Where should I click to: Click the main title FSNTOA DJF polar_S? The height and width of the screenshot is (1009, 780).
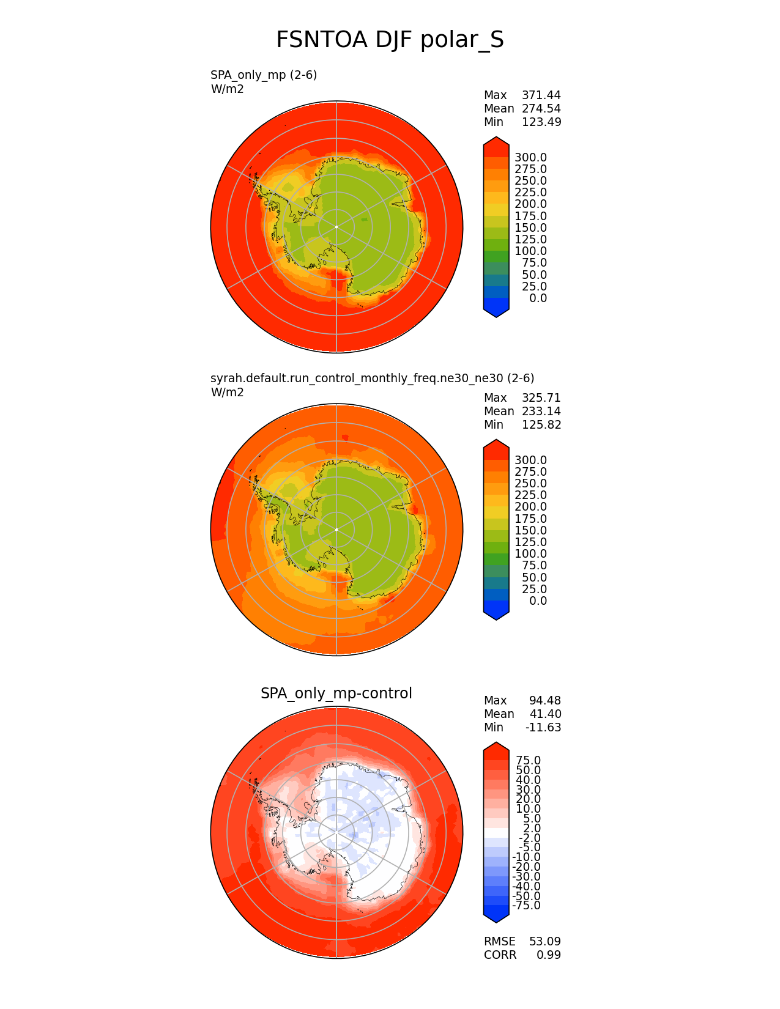tap(390, 40)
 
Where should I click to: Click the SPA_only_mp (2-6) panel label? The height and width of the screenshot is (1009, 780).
tap(264, 75)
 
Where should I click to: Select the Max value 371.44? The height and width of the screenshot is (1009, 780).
tap(541, 95)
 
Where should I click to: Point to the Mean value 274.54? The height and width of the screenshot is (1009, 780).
tap(541, 109)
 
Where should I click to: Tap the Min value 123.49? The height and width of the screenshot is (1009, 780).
tap(541, 122)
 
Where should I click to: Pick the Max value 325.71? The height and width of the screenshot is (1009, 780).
tap(541, 398)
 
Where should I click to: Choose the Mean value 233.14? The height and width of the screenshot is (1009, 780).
tap(541, 412)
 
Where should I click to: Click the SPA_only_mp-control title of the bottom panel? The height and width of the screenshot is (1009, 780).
tap(336, 693)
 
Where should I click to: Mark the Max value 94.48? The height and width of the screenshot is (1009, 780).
tap(544, 701)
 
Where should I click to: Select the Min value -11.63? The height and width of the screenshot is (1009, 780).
tap(543, 728)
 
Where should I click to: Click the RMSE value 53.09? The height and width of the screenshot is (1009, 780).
tap(544, 942)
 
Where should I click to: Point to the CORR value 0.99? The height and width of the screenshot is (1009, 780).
tap(548, 955)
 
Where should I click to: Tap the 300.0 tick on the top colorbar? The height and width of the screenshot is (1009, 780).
tap(530, 158)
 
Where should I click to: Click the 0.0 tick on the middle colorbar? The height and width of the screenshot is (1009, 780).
tap(538, 601)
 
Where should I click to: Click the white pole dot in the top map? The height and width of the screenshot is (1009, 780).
tap(336, 227)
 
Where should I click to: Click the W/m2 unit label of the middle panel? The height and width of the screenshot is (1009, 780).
tap(227, 393)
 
